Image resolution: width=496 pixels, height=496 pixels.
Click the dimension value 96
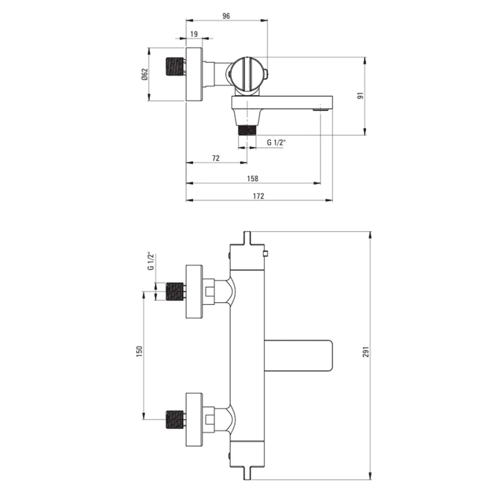(x=226, y=16)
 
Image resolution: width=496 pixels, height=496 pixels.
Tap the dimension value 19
(x=194, y=34)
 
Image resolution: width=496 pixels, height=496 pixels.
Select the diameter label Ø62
(x=145, y=74)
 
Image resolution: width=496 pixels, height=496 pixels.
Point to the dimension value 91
(x=361, y=96)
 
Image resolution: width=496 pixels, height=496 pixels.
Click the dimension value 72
(x=216, y=158)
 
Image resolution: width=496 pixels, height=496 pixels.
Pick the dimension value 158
(x=253, y=179)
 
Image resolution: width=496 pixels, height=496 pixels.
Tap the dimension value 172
(x=259, y=196)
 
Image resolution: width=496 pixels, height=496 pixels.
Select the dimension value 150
(x=139, y=352)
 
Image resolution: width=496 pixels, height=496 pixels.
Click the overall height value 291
(x=366, y=352)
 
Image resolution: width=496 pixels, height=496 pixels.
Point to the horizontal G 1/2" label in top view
(x=276, y=142)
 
